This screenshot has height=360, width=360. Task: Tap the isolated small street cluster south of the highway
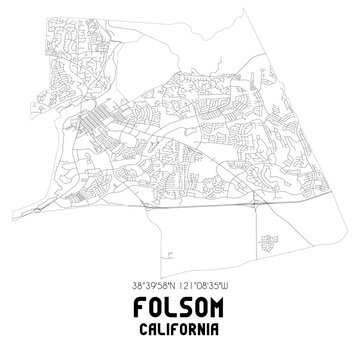pos(267,239)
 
